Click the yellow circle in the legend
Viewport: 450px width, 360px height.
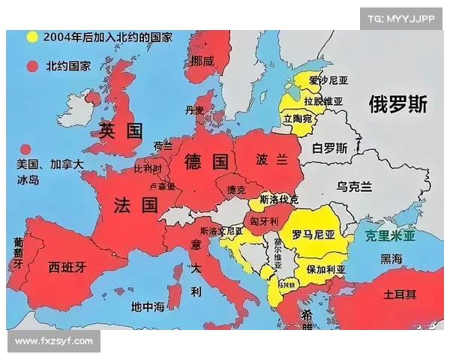pos(32,36)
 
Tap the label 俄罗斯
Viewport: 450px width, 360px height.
pos(397,104)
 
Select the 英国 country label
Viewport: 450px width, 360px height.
pos(121,131)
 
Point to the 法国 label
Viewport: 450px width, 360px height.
pos(136,205)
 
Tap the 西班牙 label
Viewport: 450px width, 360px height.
pos(67,265)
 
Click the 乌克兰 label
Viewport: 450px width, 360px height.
pos(353,186)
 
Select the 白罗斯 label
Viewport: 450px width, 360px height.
pos(330,148)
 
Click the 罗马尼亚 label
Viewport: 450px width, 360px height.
pos(313,234)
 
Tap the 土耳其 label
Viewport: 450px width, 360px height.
pos(400,293)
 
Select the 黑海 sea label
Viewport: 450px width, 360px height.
pos(391,259)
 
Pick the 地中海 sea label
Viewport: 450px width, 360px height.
pos(147,306)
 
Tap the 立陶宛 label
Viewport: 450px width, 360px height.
pos(298,119)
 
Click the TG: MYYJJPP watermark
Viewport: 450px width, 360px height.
pos(401,19)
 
